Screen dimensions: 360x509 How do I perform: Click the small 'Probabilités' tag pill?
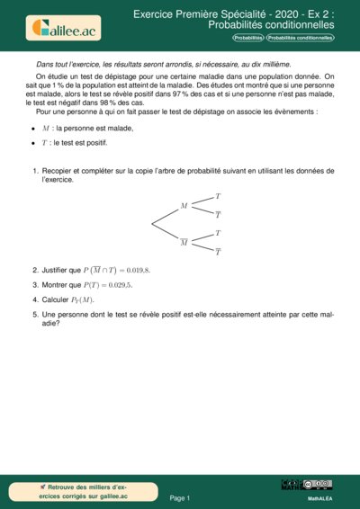(248, 39)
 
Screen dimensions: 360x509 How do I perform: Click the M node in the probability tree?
(184, 206)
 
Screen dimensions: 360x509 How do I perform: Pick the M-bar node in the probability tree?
(184, 242)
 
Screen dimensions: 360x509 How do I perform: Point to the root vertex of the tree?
(151, 224)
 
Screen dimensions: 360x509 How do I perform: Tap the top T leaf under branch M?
(218, 195)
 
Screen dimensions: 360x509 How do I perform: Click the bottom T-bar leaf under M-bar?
(218, 253)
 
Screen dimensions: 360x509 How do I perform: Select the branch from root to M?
(166, 216)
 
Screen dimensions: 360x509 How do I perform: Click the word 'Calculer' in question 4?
(58, 299)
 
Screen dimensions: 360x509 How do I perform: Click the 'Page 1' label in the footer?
(180, 496)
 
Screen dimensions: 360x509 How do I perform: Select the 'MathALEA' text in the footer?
(320, 497)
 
